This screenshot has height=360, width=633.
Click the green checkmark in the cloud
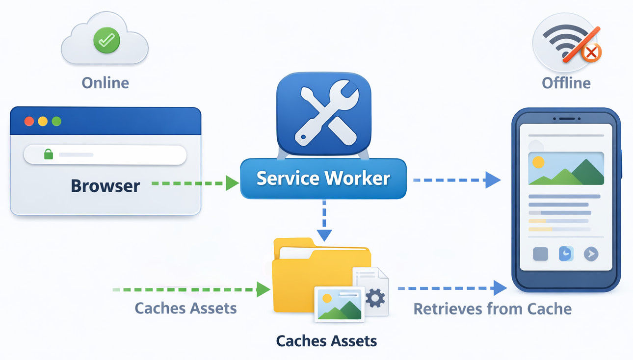pyautogui.click(x=106, y=40)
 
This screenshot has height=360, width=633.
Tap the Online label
pyautogui.click(x=105, y=82)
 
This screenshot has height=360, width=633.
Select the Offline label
pyautogui.click(x=566, y=82)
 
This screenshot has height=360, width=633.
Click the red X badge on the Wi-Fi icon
pyautogui.click(x=592, y=51)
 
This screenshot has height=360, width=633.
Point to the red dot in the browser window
pyautogui.click(x=29, y=121)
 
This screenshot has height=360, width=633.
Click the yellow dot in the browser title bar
pyautogui.click(x=43, y=121)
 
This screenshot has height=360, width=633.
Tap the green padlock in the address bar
pyautogui.click(x=48, y=154)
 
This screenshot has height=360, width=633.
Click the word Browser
pyautogui.click(x=105, y=186)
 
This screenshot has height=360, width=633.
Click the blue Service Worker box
pyautogui.click(x=323, y=179)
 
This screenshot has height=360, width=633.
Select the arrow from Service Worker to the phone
pyautogui.click(x=456, y=180)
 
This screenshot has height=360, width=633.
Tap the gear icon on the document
pyautogui.click(x=375, y=298)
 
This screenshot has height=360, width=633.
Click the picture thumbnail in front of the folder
pyautogui.click(x=339, y=305)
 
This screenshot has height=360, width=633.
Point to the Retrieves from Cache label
pyautogui.click(x=492, y=309)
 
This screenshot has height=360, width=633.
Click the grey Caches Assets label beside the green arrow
pyautogui.click(x=185, y=308)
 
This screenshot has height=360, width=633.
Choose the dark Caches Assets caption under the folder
pyautogui.click(x=326, y=341)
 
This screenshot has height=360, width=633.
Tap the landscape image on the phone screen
pyautogui.click(x=566, y=168)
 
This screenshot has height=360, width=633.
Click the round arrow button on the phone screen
pyautogui.click(x=591, y=254)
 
